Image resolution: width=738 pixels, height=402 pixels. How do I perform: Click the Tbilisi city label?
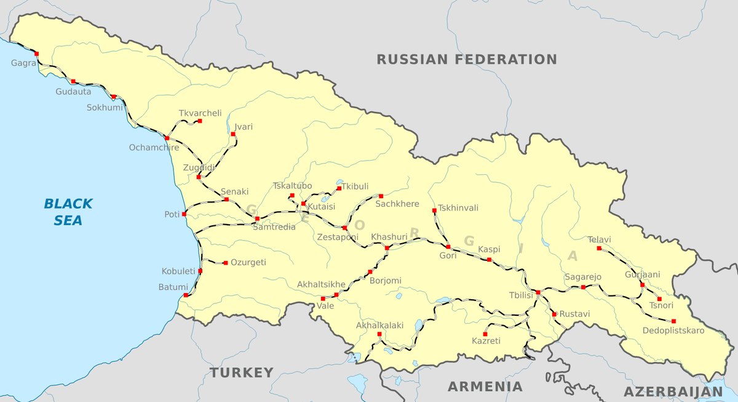point(520,295)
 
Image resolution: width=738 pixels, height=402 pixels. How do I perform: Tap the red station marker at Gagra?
point(36,54)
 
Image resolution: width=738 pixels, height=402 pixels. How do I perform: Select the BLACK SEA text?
point(68,212)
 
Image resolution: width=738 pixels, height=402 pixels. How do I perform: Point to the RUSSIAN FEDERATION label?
point(467,60)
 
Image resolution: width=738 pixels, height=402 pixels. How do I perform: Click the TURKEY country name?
point(241,372)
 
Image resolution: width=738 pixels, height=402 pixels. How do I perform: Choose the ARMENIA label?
point(485,387)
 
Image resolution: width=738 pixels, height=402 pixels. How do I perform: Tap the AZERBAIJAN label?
point(673,392)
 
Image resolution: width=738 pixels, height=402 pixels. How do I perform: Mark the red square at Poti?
point(184,214)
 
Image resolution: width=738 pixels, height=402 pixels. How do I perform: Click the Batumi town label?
point(173,287)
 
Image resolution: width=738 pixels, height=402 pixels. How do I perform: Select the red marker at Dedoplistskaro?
point(673,321)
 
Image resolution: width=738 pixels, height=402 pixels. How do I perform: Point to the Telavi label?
point(600,239)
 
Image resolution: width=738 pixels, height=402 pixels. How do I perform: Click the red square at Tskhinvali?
point(435,211)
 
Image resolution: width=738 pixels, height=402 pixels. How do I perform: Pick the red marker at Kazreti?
point(485,334)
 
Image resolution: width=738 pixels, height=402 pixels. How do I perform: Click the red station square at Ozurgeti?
point(226,263)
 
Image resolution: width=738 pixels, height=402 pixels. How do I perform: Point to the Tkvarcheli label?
point(200,113)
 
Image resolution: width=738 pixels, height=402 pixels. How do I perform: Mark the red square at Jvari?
point(234,134)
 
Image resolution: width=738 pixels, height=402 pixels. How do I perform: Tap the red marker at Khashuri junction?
point(387,248)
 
